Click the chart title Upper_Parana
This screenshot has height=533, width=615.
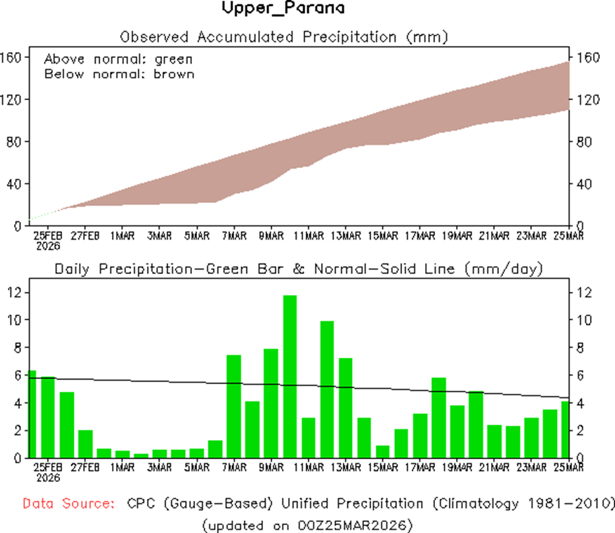[x=283, y=8]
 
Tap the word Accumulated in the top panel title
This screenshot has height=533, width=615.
[x=245, y=37]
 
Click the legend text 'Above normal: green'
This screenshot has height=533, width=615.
[x=119, y=59]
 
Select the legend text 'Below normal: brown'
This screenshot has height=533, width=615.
[x=119, y=74]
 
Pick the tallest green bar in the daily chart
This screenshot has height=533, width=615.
[x=290, y=377]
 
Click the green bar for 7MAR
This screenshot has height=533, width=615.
[x=234, y=407]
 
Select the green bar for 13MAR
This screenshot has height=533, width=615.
[x=345, y=408]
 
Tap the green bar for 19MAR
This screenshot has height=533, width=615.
[x=457, y=432]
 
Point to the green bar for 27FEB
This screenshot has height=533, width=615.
[x=86, y=444]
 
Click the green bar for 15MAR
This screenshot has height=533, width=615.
[x=382, y=451]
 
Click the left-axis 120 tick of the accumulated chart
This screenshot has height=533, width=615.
[x=10, y=99]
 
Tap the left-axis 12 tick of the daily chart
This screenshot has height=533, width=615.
[x=14, y=293]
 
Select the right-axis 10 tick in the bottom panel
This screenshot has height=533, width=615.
[x=584, y=320]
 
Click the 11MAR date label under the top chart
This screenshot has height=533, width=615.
[x=308, y=236]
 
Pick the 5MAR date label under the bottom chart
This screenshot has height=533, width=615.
[x=197, y=468]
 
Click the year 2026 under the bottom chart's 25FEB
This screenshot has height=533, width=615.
[x=48, y=478]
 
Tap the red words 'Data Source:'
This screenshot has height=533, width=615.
[x=69, y=503]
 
